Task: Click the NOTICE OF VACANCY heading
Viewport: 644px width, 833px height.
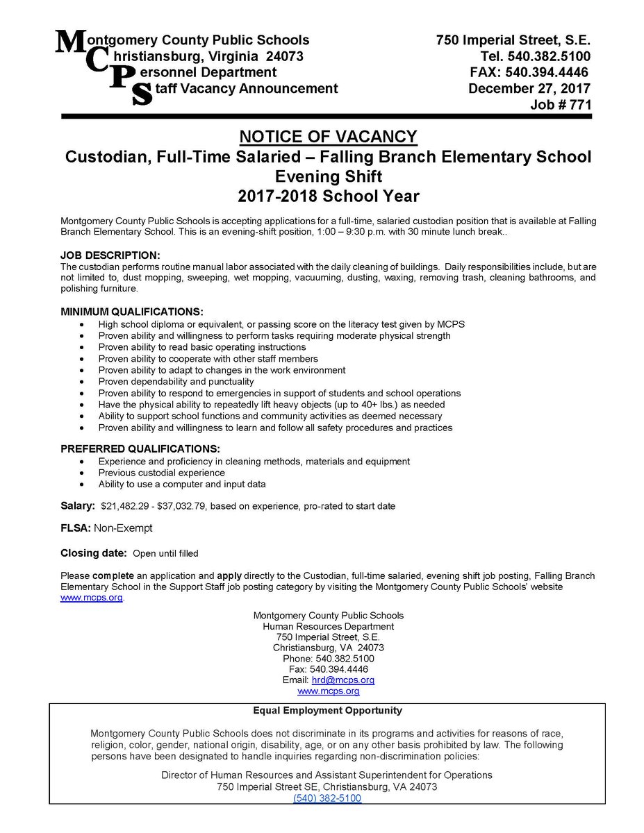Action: [x=328, y=136]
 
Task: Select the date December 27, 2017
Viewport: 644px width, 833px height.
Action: [x=529, y=88]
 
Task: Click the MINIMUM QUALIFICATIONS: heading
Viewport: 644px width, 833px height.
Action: [x=132, y=311]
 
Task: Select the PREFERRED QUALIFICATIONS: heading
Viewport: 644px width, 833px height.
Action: [x=140, y=448]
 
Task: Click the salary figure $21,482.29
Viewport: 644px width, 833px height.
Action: [x=129, y=507]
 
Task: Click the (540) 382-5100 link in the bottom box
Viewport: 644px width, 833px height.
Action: [x=327, y=798]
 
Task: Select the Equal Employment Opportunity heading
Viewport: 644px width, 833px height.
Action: [x=327, y=711]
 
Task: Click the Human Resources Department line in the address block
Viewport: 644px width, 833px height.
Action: [x=328, y=626]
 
